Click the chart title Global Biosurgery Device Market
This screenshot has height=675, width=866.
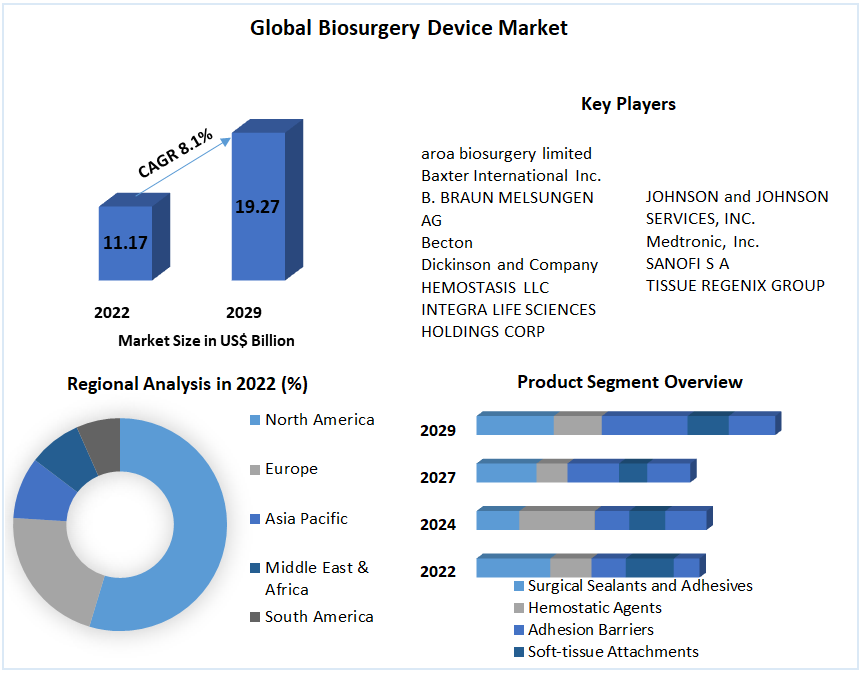pos(408,28)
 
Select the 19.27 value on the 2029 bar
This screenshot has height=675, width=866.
pos(257,207)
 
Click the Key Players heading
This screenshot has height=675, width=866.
pos(628,104)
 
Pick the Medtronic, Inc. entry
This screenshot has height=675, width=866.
pos(702,241)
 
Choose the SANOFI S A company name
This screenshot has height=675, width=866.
pos(687,263)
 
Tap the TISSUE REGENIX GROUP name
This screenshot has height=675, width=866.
pos(735,285)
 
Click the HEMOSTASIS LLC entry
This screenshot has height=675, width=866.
pos(485,287)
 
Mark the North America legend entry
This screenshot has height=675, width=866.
pos(319,420)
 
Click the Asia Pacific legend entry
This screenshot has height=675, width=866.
pos(306,519)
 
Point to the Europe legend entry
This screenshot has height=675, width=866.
pos(291,469)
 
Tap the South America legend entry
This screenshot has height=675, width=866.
pos(319,617)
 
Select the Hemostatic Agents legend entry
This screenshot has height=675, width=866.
pos(594,607)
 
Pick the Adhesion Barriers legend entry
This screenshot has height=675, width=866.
pos(590,629)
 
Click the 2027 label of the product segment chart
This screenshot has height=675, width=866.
pos(438,478)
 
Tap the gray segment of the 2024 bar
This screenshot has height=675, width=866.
pos(557,520)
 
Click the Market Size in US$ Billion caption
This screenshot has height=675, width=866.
pos(206,341)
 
